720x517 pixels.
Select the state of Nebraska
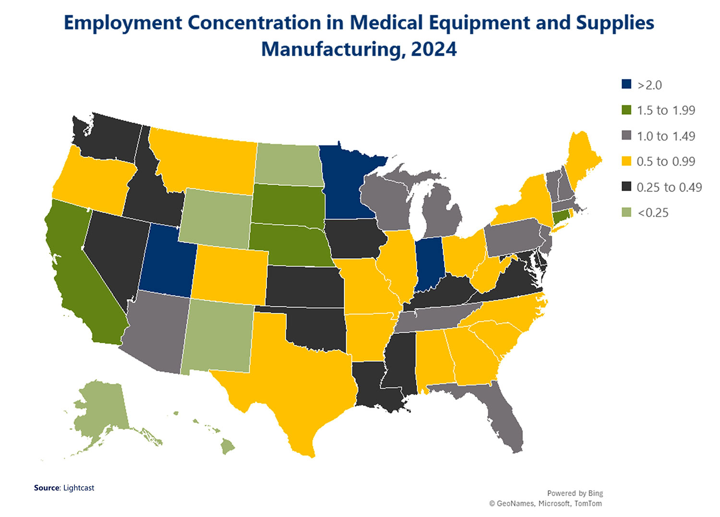[x=288, y=245]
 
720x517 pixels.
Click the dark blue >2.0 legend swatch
[x=626, y=84]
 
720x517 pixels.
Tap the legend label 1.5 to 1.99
[x=666, y=110]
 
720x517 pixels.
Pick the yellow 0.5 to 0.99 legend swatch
[x=626, y=161]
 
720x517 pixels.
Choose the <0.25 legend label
[x=653, y=213]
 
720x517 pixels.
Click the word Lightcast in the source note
[x=79, y=488]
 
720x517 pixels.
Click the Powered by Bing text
[x=575, y=493]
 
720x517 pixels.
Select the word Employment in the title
[x=122, y=23]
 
